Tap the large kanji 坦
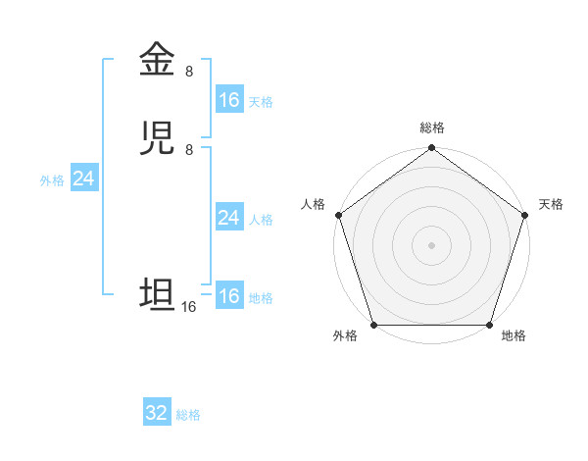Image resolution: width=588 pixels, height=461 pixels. (157, 295)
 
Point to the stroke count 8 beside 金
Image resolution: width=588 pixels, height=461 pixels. (189, 71)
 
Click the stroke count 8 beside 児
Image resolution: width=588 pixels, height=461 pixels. (189, 149)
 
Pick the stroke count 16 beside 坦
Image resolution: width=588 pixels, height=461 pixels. (188, 307)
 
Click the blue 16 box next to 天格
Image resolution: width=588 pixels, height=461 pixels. (229, 100)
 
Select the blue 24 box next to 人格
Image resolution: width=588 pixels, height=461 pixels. (229, 218)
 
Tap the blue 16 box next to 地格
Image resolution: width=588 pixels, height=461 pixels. (229, 296)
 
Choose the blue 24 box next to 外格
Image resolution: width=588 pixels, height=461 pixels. (84, 179)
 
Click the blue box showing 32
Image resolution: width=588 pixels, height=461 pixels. (157, 413)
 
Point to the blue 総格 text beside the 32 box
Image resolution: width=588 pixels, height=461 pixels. (189, 415)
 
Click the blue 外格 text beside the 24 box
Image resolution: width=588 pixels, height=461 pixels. (52, 180)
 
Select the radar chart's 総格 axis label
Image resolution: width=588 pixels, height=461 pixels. (432, 128)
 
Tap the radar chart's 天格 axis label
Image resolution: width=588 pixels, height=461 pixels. (552, 204)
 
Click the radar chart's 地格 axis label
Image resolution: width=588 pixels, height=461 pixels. (514, 336)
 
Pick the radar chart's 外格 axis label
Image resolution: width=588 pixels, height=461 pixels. (345, 336)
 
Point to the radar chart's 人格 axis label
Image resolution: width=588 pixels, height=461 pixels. (314, 204)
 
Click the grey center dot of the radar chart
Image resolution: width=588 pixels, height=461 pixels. (431, 244)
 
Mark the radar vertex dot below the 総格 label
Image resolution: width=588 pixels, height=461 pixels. (431, 149)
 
